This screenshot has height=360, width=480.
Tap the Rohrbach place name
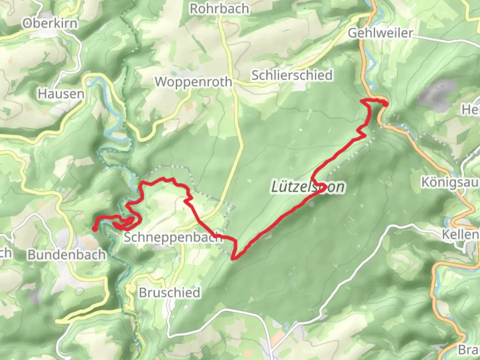pyautogui.click(x=219, y=9)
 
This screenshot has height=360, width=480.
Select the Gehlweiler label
pyautogui.click(x=380, y=33)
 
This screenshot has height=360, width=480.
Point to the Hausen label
pyautogui.click(x=61, y=94)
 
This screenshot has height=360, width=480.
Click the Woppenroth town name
pyautogui.click(x=193, y=82)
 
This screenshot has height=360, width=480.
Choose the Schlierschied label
pyautogui.click(x=292, y=75)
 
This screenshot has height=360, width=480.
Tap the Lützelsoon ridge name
pyautogui.click(x=307, y=187)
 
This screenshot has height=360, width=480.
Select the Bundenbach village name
pyautogui.click(x=67, y=255)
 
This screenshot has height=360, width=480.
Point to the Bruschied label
pyautogui.click(x=169, y=293)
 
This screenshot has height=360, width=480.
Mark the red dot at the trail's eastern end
pyautogui.click(x=385, y=104)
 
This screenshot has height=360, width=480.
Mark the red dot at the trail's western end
pyautogui.click(x=95, y=229)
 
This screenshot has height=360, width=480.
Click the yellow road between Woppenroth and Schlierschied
pyautogui.click(x=241, y=82)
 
